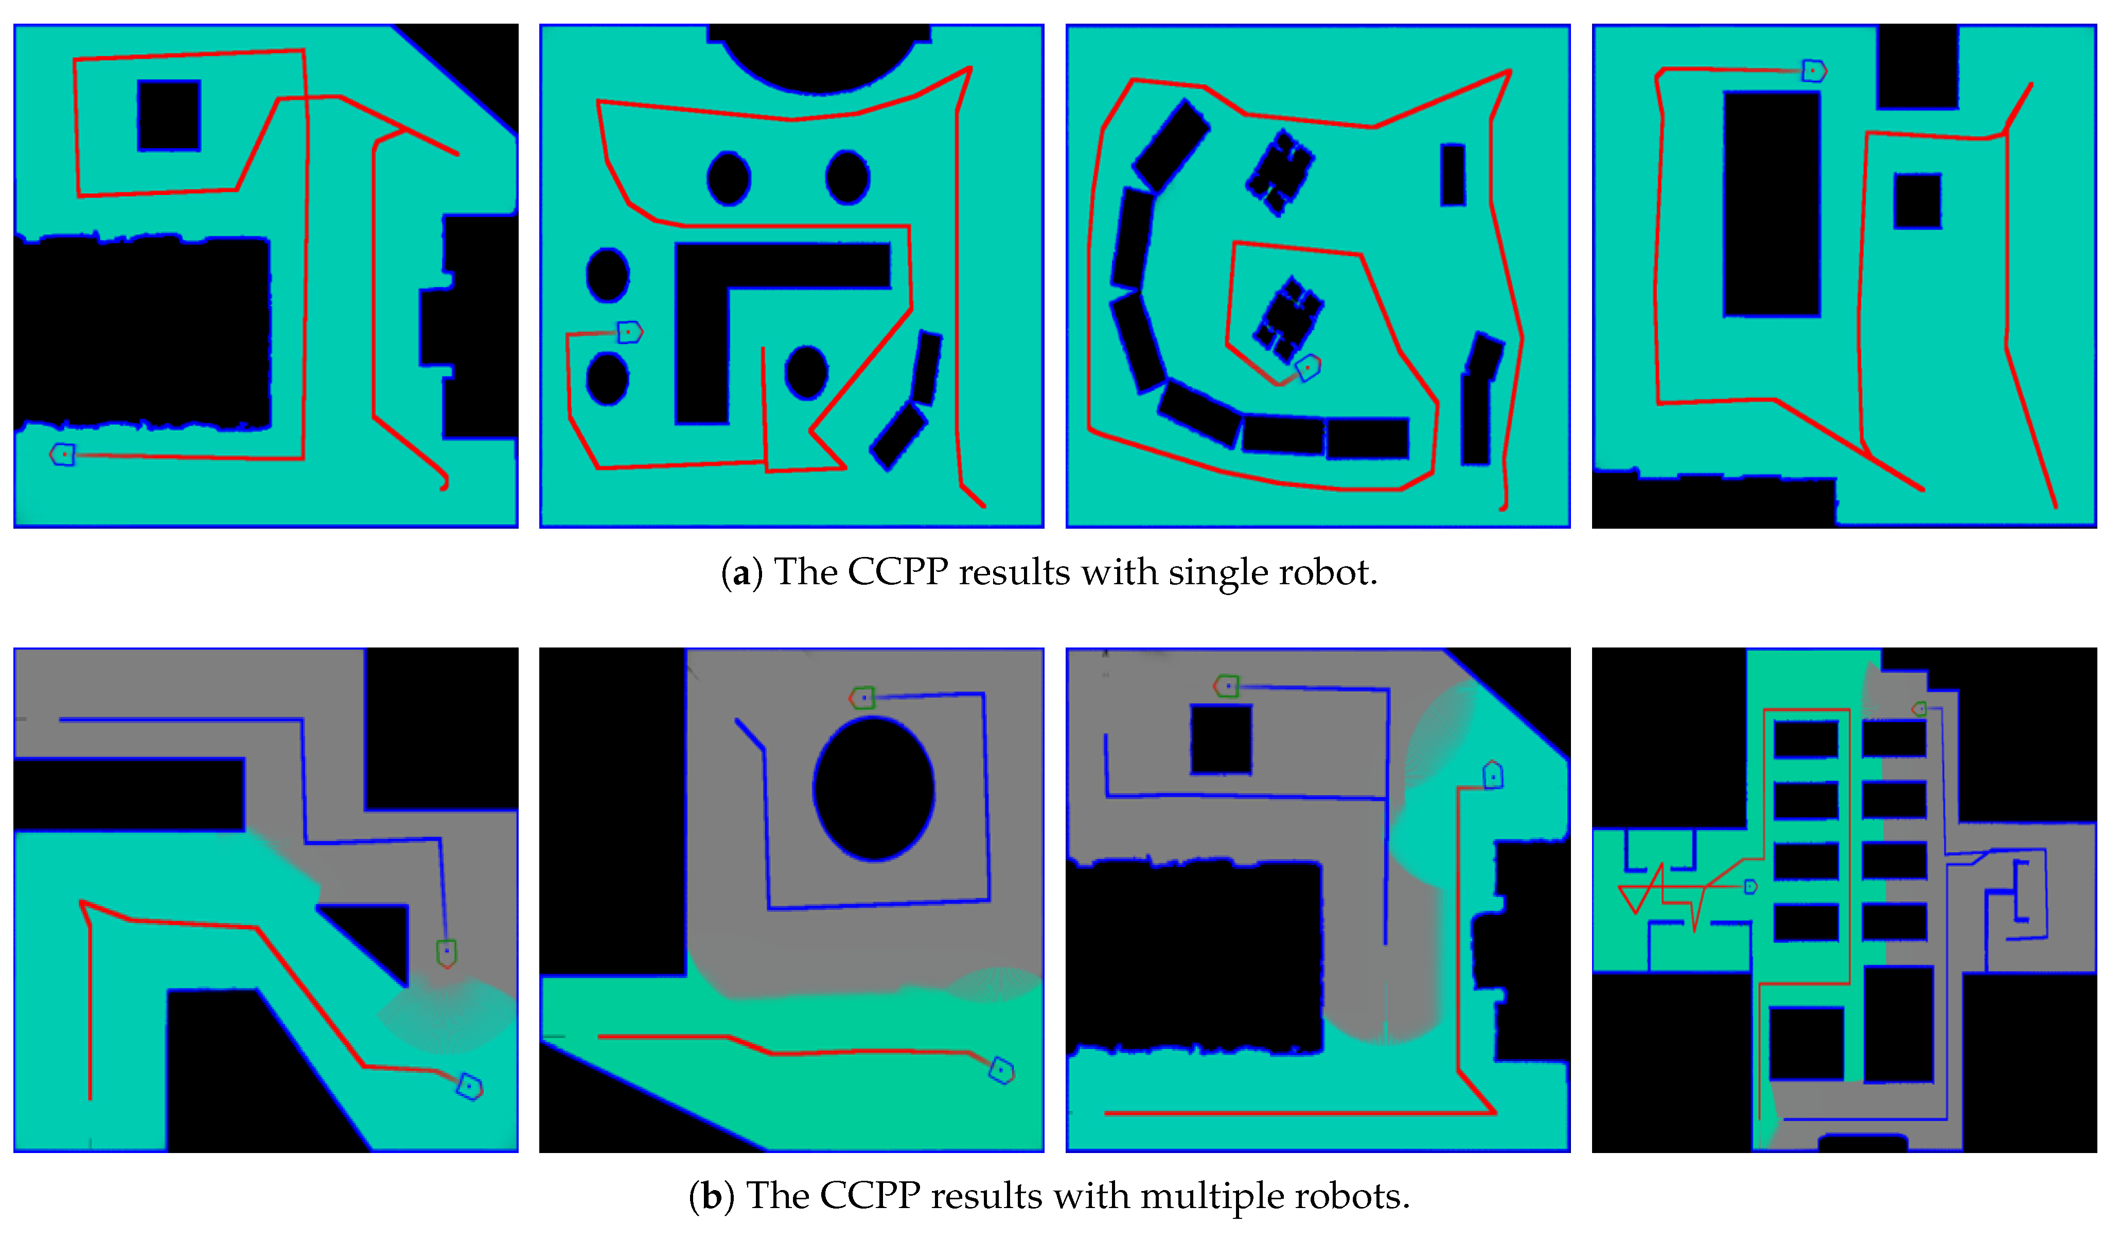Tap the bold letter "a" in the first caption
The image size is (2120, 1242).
coord(741,574)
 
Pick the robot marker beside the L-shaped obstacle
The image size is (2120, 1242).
coord(630,332)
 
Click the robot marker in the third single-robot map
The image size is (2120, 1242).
coord(1308,368)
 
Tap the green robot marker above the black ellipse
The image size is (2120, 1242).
coord(862,698)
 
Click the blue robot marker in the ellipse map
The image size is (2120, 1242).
coord(1001,1070)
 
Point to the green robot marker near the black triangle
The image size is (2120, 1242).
coord(447,953)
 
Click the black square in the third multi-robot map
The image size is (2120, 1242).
coord(1221,739)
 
